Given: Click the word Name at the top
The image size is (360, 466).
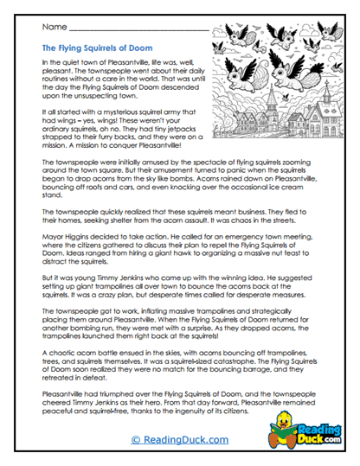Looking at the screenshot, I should tap(53, 29).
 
